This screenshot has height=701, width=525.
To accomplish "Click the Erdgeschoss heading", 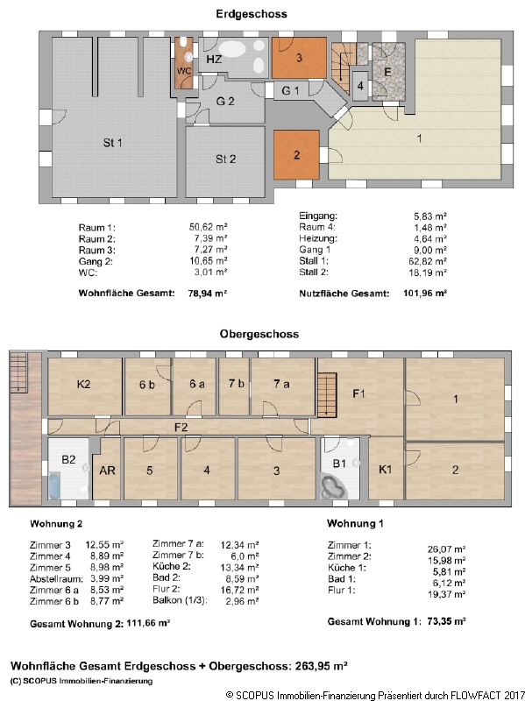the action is coord(252,14).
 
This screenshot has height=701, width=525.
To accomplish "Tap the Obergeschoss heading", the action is coord(259,334).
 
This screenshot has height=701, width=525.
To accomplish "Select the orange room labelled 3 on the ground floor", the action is coord(299,58).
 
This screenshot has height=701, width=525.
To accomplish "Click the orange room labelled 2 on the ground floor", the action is coord(296,155).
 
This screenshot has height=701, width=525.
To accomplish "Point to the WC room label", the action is coord(184,71).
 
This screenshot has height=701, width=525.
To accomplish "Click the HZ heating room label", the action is coord(214,59).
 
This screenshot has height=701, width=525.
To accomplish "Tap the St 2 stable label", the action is coord(225,159).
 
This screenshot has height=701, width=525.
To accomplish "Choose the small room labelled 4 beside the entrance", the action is coord(360,85).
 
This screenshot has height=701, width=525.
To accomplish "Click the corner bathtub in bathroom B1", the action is coord(333,487).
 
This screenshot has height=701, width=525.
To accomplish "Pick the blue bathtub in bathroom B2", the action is coord(54,486).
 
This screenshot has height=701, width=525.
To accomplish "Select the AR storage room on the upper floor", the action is coord(106,470).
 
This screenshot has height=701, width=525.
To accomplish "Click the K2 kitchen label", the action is coord(83,384).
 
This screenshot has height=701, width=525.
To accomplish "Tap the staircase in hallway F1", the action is coord(327,395).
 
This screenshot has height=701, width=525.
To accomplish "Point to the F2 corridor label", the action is coord(181,428).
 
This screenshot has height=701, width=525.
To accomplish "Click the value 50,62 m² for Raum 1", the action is coord(208,227).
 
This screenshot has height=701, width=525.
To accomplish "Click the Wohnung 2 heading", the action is coord(56,523).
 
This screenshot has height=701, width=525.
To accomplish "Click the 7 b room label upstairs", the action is coord(236,383).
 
